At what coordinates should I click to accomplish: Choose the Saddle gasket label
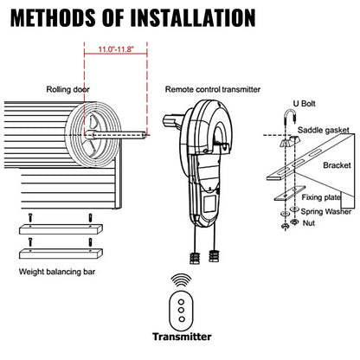[x=324, y=130]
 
